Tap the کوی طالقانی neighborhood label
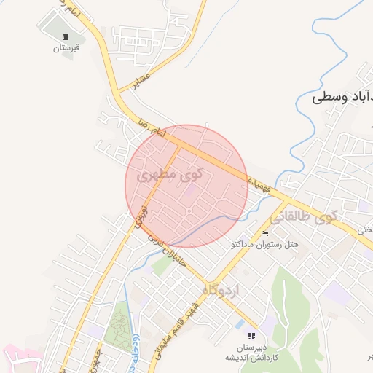[304, 216]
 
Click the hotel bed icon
[264, 233]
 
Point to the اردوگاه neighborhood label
[224, 290]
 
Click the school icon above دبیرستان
[251, 336]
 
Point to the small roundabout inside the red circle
[189, 212]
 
